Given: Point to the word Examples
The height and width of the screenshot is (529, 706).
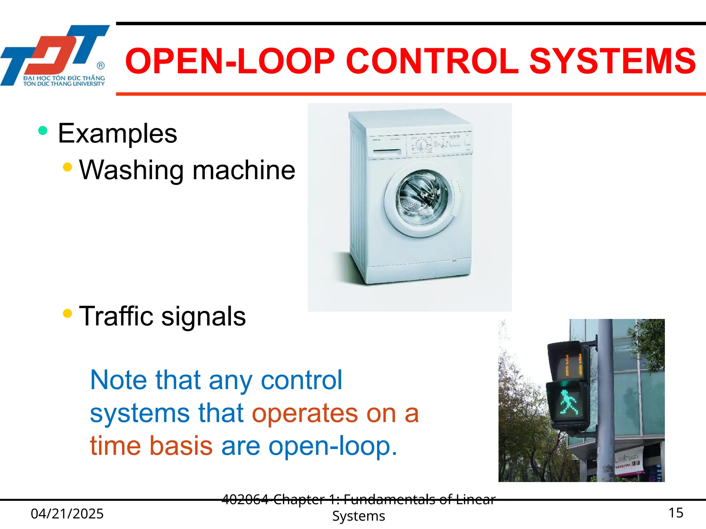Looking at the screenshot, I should [117, 134].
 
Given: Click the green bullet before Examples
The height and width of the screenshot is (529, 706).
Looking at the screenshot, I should [43, 131].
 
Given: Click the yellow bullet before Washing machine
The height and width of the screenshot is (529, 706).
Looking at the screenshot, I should [68, 167].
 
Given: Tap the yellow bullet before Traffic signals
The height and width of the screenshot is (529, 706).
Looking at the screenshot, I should [68, 313].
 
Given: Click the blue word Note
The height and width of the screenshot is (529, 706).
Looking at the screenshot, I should [119, 380].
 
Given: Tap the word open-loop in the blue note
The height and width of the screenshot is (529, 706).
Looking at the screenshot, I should [333, 446].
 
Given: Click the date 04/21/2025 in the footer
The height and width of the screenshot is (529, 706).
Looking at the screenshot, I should [67, 514].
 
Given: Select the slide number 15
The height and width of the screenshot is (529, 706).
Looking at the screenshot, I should [676, 513].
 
